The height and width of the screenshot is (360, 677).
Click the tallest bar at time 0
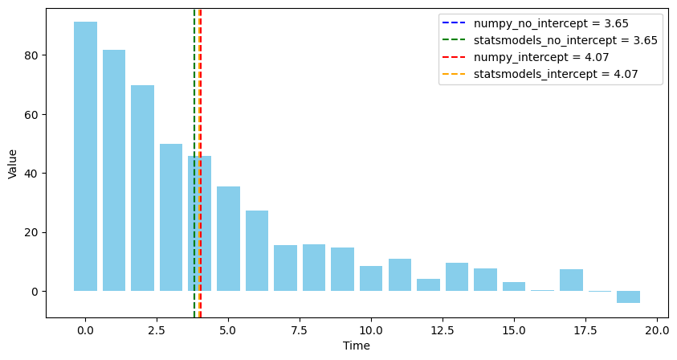tap(85, 157)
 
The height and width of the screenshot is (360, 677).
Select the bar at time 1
tap(114, 170)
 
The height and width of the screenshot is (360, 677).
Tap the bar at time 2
tap(142, 188)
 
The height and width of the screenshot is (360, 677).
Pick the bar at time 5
tap(228, 239)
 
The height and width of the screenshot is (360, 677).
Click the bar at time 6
tap(257, 251)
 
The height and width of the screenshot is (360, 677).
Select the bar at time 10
tap(371, 278)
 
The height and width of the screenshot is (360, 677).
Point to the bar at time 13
tap(457, 277)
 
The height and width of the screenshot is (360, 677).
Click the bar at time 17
tap(571, 280)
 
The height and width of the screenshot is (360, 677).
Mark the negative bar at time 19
tap(628, 297)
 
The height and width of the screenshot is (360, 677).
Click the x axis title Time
tap(357, 346)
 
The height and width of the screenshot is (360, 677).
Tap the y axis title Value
tap(12, 163)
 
